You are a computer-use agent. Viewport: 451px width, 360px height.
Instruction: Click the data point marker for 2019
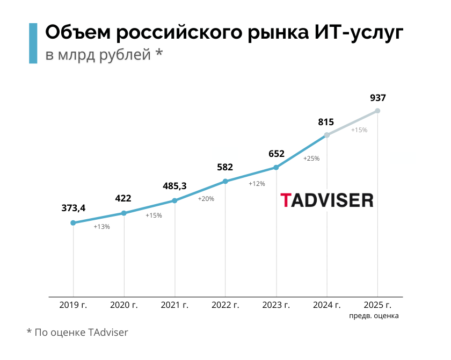(73, 222)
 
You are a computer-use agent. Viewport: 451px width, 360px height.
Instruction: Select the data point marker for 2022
(225, 181)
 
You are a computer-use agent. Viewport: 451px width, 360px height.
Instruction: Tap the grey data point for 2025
(377, 111)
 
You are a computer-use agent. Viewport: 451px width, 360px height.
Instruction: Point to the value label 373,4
(73, 208)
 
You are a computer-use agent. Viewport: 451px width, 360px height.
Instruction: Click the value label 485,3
(174, 186)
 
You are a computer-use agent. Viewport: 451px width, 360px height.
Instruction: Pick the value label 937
(378, 98)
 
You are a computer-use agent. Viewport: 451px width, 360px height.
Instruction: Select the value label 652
(276, 154)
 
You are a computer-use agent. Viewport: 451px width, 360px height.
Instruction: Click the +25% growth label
(311, 159)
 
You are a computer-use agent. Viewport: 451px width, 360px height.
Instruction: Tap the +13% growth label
(101, 227)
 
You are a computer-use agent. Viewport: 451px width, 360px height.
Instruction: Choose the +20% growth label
(206, 199)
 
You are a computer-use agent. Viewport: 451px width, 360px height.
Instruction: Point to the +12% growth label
(257, 184)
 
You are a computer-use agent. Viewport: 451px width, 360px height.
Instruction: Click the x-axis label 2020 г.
(124, 305)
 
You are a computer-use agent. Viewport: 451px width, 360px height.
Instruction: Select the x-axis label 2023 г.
(276, 305)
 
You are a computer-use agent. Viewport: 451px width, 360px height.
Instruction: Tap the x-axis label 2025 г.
(377, 305)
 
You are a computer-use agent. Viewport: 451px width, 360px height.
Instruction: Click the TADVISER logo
(326, 200)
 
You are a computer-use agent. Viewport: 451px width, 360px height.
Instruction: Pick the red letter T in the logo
(286, 200)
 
